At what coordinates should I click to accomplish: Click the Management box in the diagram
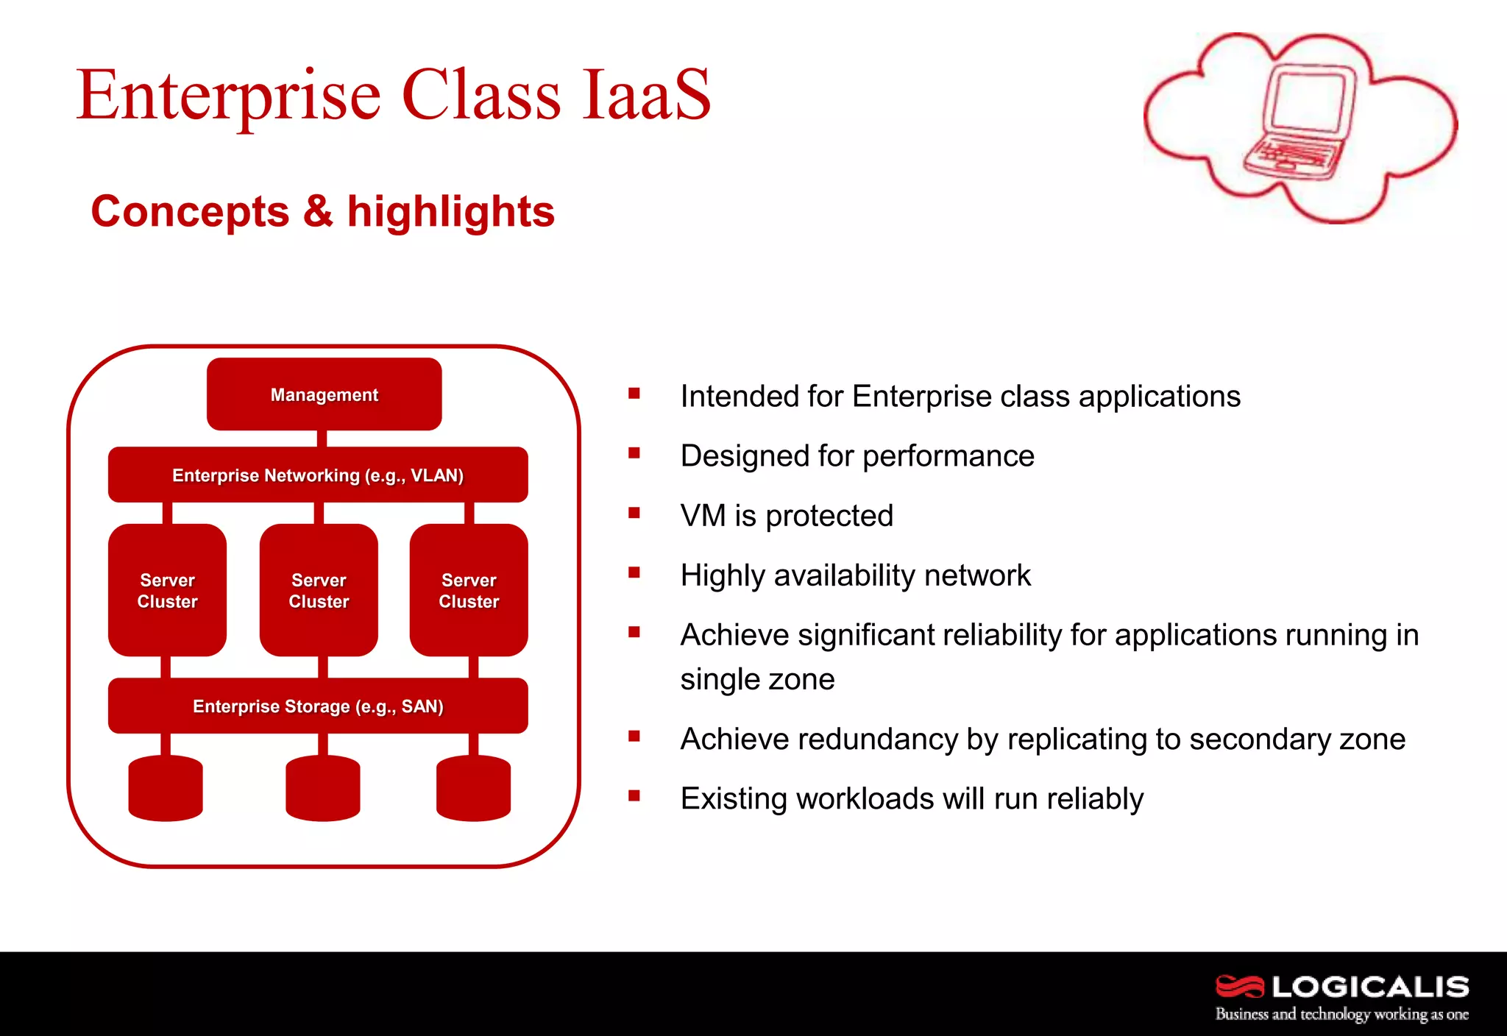[x=324, y=394]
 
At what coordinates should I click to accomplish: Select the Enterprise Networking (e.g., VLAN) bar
[x=318, y=475]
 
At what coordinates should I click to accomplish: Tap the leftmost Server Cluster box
[x=167, y=590]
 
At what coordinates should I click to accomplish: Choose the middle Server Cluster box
[x=319, y=590]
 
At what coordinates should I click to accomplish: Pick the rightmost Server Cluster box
[x=469, y=590]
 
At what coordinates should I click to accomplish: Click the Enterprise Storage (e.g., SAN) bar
[x=318, y=706]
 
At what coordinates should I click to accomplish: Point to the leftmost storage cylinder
[x=166, y=789]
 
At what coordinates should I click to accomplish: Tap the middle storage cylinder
[x=322, y=789]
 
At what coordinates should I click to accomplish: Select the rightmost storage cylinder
[x=473, y=789]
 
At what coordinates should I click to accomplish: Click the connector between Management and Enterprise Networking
[x=322, y=439]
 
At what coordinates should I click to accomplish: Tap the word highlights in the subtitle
[x=450, y=212]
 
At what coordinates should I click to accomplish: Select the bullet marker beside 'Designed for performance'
[x=634, y=453]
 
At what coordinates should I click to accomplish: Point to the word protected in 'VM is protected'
[x=829, y=516]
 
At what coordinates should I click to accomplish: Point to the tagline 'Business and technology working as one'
[x=1341, y=1014]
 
